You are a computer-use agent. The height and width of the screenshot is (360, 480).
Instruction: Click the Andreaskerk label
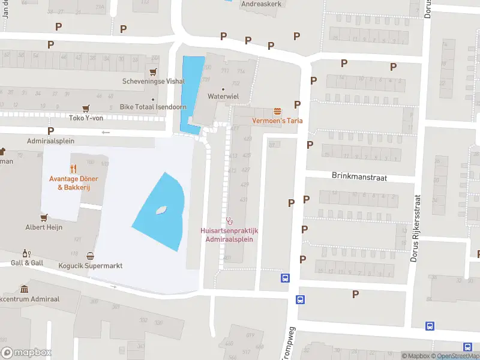pyautogui.click(x=261, y=3)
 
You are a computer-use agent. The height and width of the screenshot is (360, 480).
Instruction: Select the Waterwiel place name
pyautogui.click(x=223, y=96)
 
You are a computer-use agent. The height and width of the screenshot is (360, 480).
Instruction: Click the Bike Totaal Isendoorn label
pyautogui.click(x=153, y=107)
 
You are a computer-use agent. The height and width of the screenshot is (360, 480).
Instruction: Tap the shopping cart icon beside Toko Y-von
pyautogui.click(x=86, y=108)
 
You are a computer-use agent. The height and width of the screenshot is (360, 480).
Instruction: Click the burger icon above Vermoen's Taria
pyautogui.click(x=277, y=111)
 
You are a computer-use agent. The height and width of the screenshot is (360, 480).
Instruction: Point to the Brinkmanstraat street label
pyautogui.click(x=359, y=177)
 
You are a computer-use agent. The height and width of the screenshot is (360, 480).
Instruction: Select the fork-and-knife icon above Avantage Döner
pyautogui.click(x=74, y=169)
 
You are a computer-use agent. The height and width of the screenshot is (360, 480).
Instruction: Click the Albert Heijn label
pyautogui.click(x=43, y=227)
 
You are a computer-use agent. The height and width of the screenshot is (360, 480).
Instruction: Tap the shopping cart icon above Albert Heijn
pyautogui.click(x=43, y=217)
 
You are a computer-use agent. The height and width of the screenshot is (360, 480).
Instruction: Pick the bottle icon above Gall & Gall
pyautogui.click(x=26, y=253)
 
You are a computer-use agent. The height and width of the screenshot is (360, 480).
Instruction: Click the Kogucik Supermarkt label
pyautogui.click(x=90, y=265)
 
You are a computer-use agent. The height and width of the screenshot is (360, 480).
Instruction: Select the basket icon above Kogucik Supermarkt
pyautogui.click(x=90, y=256)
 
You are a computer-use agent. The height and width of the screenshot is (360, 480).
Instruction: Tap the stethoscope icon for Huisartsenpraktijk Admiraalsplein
pyautogui.click(x=229, y=220)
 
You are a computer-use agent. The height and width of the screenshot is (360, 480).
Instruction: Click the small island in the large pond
pyautogui.click(x=160, y=211)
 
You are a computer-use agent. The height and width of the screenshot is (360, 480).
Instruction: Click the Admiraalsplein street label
pyautogui.click(x=50, y=141)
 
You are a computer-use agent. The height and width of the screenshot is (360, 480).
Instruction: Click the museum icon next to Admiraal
pyautogui.click(x=23, y=289)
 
